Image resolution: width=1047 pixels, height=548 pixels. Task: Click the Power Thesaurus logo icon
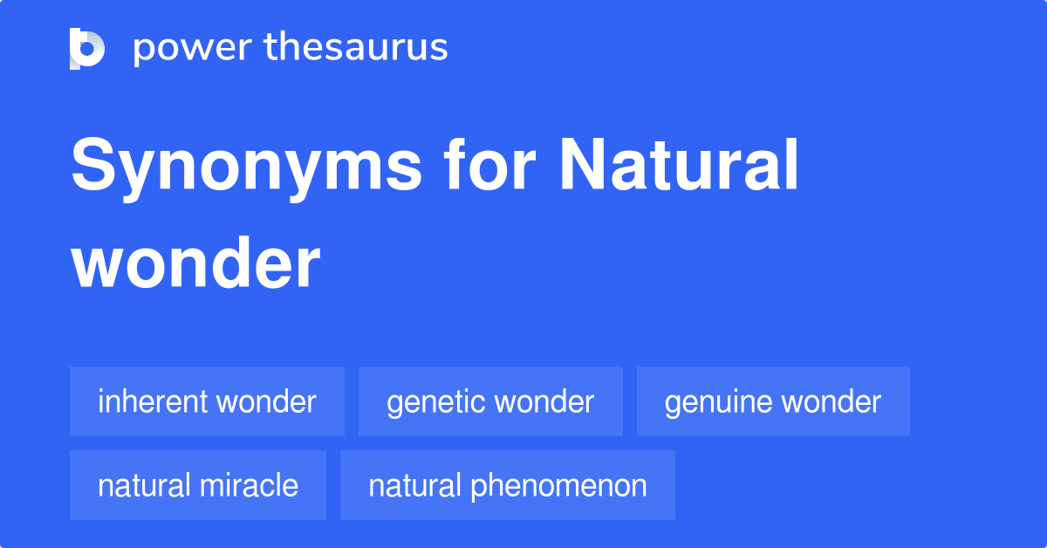(x=87, y=48)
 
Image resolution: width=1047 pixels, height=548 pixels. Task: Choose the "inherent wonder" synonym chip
(x=207, y=401)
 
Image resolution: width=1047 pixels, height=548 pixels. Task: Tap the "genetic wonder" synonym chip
(x=490, y=401)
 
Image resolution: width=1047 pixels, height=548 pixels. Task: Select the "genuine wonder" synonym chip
(x=773, y=401)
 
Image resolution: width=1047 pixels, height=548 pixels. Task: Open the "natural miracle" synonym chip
(x=198, y=485)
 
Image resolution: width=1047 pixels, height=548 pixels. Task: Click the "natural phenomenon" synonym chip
(x=508, y=485)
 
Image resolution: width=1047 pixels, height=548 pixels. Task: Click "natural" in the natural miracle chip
(x=143, y=485)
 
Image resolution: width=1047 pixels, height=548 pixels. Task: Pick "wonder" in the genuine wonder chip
(x=831, y=401)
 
